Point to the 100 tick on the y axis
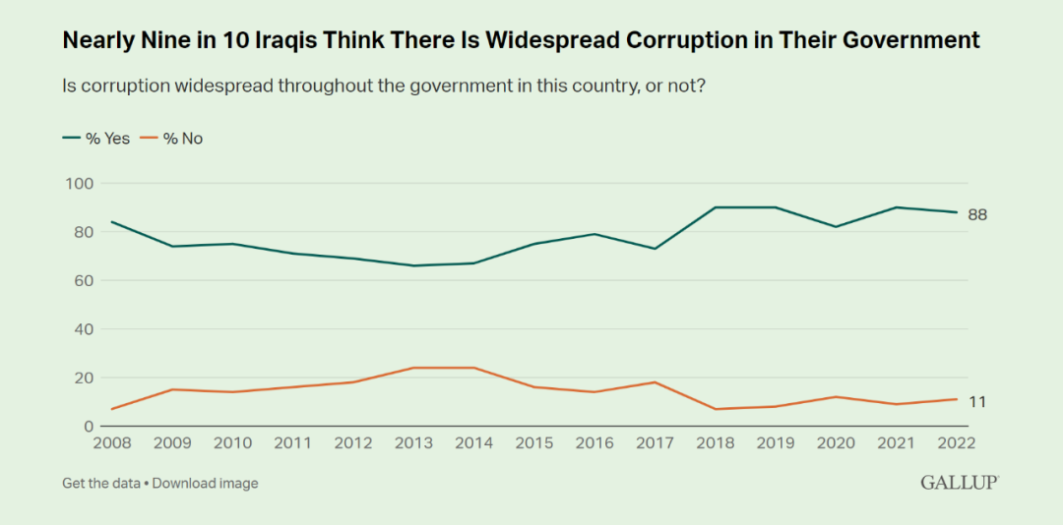click(79, 184)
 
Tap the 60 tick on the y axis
click(83, 280)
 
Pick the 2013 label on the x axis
click(413, 442)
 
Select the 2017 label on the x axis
click(656, 442)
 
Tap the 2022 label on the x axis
click(956, 442)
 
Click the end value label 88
click(977, 215)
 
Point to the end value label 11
click(976, 402)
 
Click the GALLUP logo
click(960, 483)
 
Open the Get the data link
click(101, 483)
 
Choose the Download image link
click(205, 483)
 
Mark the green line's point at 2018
click(716, 207)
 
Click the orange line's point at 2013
click(413, 368)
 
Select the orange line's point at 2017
click(656, 382)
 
